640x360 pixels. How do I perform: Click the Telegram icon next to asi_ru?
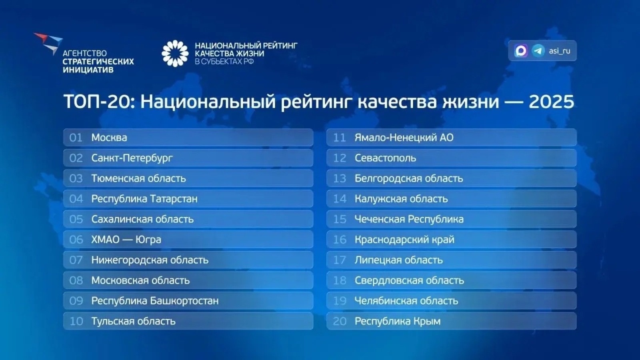click(538, 51)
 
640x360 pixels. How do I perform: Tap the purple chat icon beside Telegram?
click(521, 51)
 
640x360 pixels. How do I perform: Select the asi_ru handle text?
click(560, 51)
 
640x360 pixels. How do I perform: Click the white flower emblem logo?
click(175, 53)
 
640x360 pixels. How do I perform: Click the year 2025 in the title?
click(551, 102)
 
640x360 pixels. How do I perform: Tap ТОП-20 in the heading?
click(97, 102)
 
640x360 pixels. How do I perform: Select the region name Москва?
click(109, 138)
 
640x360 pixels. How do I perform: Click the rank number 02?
click(76, 158)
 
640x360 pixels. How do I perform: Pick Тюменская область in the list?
click(138, 178)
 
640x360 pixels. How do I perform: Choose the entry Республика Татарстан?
click(144, 199)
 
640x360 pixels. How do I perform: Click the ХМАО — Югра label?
click(126, 240)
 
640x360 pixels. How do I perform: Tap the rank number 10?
click(76, 321)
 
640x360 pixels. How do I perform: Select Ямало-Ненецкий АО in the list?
click(404, 138)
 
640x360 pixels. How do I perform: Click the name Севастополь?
click(385, 158)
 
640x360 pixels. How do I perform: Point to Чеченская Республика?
click(409, 219)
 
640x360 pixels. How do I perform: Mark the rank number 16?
click(340, 240)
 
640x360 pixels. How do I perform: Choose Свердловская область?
click(409, 280)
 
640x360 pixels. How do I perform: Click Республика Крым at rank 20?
click(397, 321)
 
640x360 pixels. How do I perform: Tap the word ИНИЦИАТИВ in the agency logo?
click(88, 70)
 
